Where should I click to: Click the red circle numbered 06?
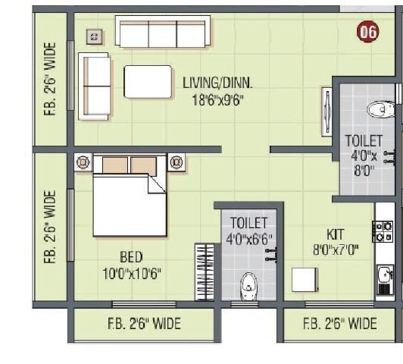(x=367, y=33)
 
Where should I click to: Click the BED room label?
(x=130, y=257)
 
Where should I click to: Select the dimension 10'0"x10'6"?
(x=130, y=272)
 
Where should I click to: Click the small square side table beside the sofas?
(x=94, y=36)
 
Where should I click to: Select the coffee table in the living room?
(x=148, y=82)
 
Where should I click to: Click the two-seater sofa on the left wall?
(x=95, y=86)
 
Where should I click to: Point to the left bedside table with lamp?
(x=83, y=162)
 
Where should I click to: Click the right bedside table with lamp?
(x=177, y=162)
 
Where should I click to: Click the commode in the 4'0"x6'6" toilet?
(x=248, y=287)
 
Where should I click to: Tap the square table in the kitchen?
(x=305, y=279)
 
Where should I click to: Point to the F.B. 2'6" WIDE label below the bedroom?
(x=144, y=325)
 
